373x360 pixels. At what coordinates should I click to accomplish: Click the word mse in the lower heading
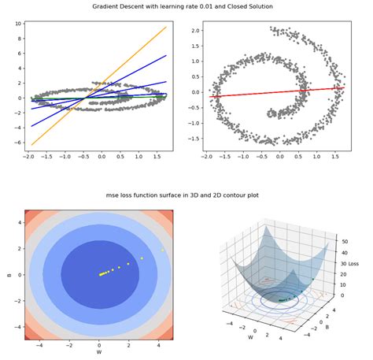(x=112, y=195)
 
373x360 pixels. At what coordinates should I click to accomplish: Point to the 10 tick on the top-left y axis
(x=18, y=24)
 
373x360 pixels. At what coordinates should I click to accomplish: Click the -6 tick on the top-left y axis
(x=18, y=144)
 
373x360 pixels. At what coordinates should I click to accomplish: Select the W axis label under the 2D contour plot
(x=98, y=352)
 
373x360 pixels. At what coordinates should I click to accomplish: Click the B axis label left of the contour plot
(x=7, y=276)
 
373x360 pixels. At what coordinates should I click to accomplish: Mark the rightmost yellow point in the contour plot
(x=163, y=250)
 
